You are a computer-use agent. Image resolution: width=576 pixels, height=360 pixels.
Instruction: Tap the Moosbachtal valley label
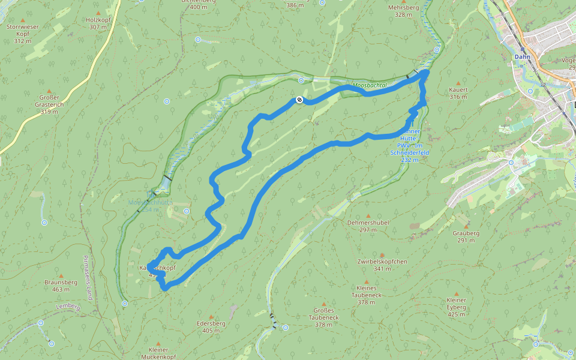click(370, 85)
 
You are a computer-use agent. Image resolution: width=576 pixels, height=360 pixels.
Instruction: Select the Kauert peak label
click(458, 89)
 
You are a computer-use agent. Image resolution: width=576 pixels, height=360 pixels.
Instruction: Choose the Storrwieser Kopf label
click(22, 34)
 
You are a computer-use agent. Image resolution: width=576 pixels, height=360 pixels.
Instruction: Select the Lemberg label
click(67, 306)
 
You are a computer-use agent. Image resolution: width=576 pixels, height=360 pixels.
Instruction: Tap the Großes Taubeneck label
click(323, 317)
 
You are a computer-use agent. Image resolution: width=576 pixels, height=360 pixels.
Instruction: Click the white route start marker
click(299, 100)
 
